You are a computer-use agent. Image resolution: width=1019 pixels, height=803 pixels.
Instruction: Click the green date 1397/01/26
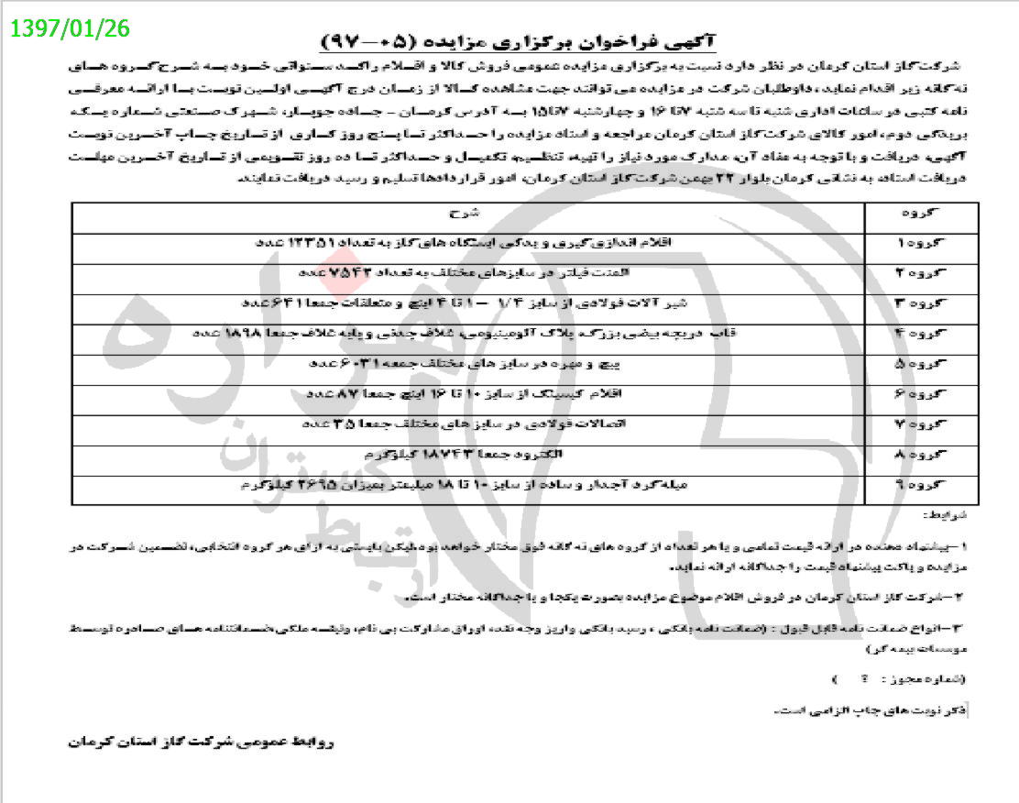(71, 28)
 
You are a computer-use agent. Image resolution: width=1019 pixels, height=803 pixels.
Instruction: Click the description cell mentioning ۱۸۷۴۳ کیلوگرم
(467, 456)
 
